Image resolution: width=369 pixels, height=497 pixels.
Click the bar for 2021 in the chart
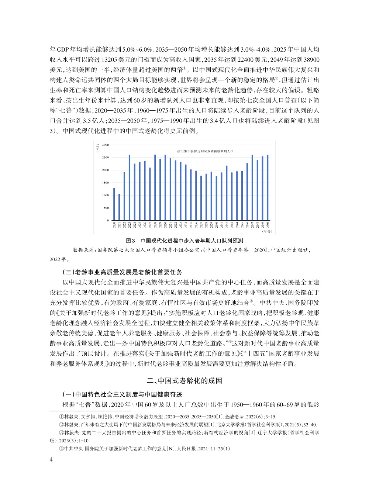click(119, 207)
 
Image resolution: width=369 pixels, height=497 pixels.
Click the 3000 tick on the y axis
click(106, 145)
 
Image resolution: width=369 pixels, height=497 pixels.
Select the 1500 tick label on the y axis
click(106, 183)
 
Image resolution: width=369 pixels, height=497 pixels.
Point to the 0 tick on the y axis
click(108, 220)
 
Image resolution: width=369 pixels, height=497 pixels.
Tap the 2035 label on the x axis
click(191, 225)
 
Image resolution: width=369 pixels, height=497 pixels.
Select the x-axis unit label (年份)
click(266, 231)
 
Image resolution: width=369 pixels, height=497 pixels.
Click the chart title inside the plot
click(205, 151)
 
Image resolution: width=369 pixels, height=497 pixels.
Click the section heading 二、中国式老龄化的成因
click(184, 381)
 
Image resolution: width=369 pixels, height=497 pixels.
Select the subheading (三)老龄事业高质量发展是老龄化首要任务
click(123, 272)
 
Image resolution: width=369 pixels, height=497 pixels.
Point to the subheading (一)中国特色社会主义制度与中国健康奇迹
click(123, 394)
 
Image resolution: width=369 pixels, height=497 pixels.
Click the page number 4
click(51, 459)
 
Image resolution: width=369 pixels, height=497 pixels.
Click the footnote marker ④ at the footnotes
click(62, 449)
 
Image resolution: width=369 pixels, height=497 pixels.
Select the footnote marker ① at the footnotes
click(62, 416)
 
